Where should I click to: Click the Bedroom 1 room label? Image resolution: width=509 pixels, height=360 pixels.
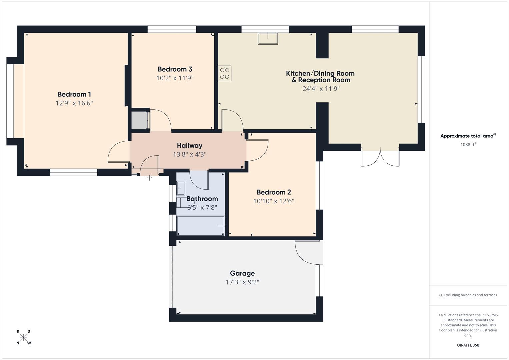pos(74,94)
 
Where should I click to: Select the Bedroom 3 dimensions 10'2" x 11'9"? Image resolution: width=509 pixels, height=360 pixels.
pos(175,78)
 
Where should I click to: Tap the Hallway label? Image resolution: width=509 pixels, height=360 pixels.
pos(189,146)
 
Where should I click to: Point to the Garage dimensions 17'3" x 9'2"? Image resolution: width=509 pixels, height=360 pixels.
pos(242,282)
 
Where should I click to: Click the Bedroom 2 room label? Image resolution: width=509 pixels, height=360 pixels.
pos(273,192)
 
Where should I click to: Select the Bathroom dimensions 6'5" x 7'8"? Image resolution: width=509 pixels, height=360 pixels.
pos(202,207)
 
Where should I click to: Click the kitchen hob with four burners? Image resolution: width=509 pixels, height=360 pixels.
pos(225,73)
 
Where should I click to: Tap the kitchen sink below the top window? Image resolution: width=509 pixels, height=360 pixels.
pos(267,38)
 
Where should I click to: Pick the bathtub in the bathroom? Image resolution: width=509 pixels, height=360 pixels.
pos(200,226)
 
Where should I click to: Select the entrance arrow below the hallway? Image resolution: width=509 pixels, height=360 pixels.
pos(150,177)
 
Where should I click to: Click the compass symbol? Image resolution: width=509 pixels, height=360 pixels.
pos(23,337)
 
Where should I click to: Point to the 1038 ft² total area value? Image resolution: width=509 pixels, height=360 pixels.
pos(468,145)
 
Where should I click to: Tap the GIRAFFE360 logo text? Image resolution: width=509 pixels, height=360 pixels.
pos(468,345)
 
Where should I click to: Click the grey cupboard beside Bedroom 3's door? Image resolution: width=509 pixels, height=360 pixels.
pos(139,120)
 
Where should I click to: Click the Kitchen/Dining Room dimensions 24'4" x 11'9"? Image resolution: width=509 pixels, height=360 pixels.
pos(321,89)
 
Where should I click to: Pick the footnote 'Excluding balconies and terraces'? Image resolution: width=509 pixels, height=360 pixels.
pos(468,295)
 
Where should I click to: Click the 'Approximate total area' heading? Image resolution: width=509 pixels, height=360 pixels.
pos(467,136)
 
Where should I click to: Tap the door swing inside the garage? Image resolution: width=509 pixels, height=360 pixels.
pos(305,253)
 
